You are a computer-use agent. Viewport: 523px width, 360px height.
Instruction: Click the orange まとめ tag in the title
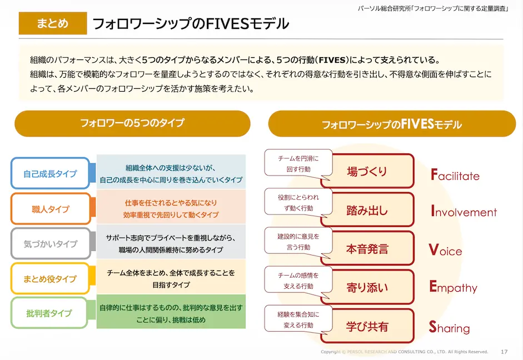53,23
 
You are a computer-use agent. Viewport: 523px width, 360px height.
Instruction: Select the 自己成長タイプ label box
50,174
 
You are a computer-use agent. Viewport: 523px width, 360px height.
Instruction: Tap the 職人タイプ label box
50,209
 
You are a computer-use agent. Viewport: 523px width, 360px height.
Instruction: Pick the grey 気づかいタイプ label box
50,244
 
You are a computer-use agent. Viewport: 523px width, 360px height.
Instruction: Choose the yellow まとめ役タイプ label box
50,279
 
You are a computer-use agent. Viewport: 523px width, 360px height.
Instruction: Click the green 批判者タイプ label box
50,313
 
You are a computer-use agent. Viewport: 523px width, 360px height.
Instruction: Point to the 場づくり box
367,172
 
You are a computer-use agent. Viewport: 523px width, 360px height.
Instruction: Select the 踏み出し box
367,211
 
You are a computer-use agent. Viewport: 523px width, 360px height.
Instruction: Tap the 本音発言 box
367,249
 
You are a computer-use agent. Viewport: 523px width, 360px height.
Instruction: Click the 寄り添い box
367,287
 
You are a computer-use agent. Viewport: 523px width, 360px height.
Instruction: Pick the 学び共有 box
367,326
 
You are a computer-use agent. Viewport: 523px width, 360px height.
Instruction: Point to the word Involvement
464,212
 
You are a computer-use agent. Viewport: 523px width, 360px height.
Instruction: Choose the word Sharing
450,328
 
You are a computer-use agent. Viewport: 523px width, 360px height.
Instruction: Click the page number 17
504,352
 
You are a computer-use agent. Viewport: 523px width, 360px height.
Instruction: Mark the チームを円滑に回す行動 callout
298,164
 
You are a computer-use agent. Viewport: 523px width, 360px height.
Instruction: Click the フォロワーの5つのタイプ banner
132,123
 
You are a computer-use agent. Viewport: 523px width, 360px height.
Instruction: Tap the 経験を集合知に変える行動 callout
298,320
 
